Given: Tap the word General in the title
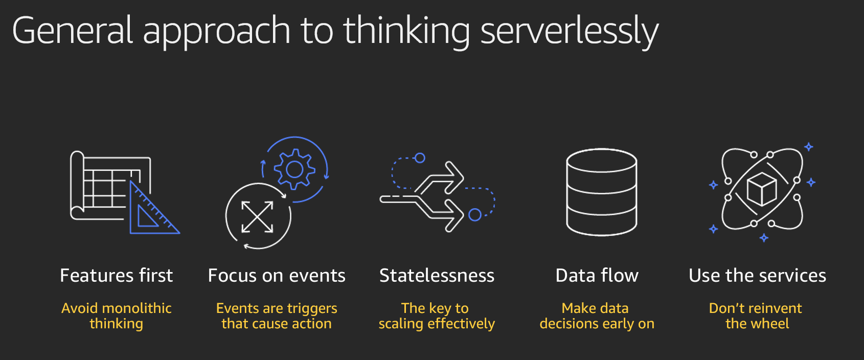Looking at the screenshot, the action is point(73,30).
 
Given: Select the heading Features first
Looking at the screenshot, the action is point(117,276).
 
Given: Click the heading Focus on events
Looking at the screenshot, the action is point(277,276).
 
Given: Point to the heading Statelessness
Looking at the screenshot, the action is point(437,276).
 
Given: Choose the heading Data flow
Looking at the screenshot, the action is point(597,276).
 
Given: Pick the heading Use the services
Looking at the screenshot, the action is point(757,276).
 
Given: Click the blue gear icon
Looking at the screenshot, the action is point(294,169).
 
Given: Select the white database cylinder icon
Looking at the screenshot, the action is point(601,192).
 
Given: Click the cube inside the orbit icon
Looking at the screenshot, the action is point(761,189).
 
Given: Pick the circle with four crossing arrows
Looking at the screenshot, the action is point(257,217).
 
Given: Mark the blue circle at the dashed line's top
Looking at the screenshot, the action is point(420,158).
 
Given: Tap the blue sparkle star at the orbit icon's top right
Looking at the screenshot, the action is point(809,147).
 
